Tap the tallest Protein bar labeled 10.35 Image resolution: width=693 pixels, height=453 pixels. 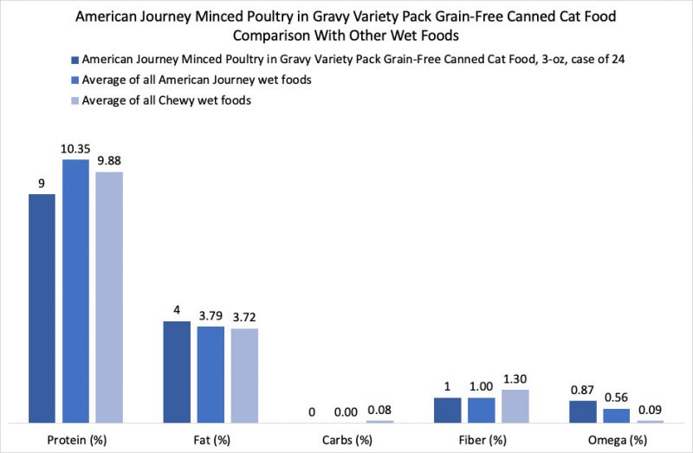click(75, 291)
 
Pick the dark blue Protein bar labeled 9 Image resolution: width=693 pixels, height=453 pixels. click(42, 308)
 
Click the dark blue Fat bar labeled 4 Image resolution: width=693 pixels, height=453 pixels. click(177, 372)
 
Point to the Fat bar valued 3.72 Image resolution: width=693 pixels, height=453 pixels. click(244, 375)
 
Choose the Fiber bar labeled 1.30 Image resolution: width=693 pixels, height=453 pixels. click(515, 405)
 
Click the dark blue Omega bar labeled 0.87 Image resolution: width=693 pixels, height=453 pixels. click(582, 411)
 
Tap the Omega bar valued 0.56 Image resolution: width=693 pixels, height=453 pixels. click(616, 415)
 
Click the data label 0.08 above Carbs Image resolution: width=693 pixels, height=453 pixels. click(379, 410)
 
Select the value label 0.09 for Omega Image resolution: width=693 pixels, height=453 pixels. click(650, 410)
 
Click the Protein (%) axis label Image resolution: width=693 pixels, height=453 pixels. click(75, 439)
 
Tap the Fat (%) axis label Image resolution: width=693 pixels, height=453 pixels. click(210, 439)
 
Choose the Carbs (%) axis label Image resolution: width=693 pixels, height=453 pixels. click(346, 439)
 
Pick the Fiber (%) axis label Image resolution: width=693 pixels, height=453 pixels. click(481, 439)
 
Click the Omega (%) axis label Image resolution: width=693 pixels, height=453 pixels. click(616, 439)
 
